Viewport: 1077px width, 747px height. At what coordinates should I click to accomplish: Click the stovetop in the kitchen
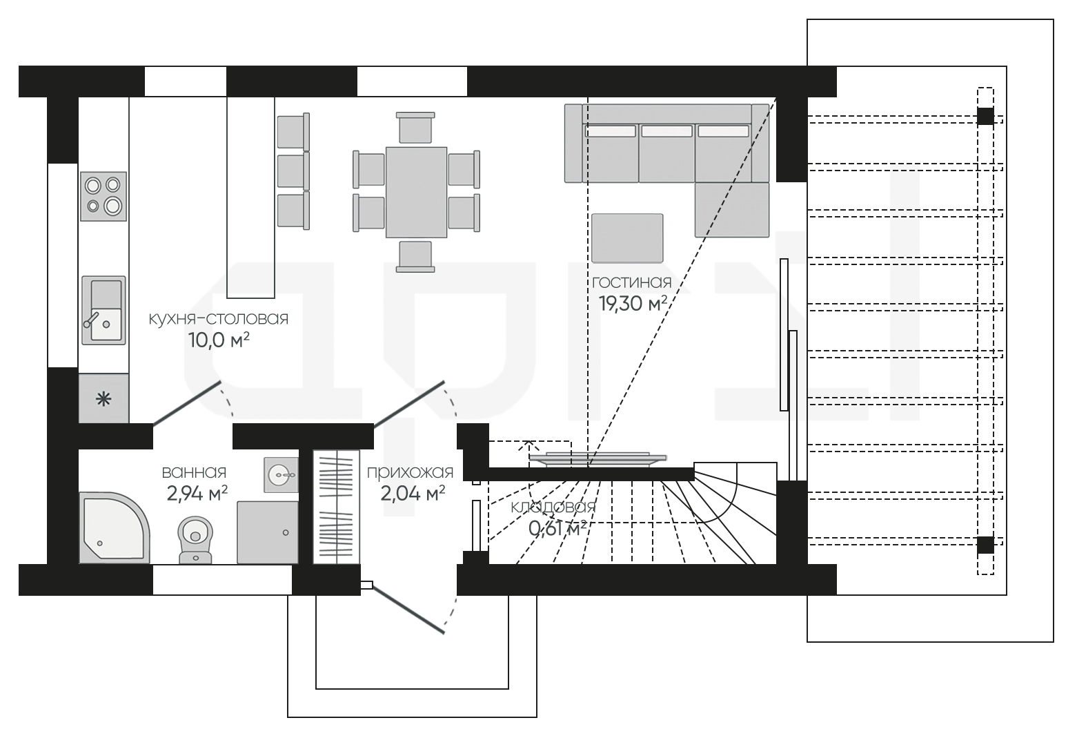click(x=103, y=196)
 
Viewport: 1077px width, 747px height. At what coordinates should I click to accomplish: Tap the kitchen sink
click(x=103, y=310)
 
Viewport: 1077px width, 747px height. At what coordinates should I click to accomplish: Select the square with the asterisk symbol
click(x=103, y=398)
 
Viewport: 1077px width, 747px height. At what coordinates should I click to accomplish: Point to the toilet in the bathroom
click(x=196, y=539)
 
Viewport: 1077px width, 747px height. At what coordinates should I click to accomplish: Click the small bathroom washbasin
click(x=281, y=474)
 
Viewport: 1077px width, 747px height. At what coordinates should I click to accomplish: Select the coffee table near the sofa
click(x=627, y=237)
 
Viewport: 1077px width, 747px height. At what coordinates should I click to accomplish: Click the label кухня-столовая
click(x=218, y=318)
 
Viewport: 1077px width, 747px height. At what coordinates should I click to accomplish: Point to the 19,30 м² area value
click(x=632, y=304)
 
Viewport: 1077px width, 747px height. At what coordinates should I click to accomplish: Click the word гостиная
click(x=631, y=282)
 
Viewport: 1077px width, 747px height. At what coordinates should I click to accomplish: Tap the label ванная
click(x=194, y=472)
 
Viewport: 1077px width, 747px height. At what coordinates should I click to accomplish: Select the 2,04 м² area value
click(x=412, y=494)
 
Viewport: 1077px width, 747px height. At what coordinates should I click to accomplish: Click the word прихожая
click(x=410, y=472)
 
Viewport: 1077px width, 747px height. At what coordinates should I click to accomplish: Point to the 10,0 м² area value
click(x=218, y=340)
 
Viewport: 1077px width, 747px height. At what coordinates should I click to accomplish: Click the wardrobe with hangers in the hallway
click(x=336, y=507)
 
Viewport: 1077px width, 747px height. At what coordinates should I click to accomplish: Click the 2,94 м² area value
click(x=197, y=494)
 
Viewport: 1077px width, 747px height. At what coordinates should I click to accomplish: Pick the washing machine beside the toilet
click(x=268, y=532)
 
